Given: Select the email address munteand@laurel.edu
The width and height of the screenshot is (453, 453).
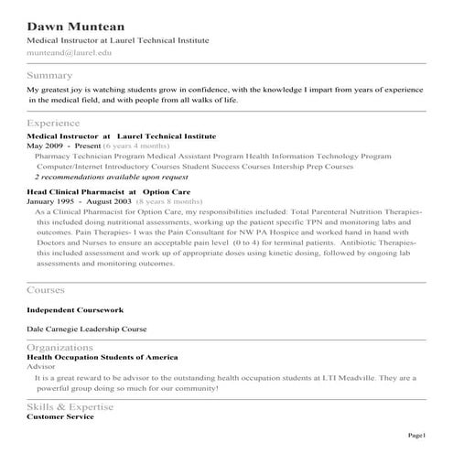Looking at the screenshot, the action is click(x=67, y=55).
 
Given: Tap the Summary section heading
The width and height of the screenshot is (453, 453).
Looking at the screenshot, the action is click(x=50, y=75).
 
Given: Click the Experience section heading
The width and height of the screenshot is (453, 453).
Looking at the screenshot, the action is click(x=53, y=123).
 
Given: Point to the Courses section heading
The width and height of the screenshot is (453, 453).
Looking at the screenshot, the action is click(x=46, y=290).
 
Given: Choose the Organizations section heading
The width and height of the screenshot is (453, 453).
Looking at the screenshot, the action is click(x=60, y=348).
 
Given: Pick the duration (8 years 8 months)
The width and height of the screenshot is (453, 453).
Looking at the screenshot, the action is click(x=168, y=200).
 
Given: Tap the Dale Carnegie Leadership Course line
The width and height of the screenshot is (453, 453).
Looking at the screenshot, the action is click(x=87, y=328).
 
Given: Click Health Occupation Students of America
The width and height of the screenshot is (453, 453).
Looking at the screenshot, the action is click(x=102, y=357).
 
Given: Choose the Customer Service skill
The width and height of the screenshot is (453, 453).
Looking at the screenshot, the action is click(x=60, y=416).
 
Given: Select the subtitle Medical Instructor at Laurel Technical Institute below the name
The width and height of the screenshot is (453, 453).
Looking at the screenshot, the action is click(x=118, y=41).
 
